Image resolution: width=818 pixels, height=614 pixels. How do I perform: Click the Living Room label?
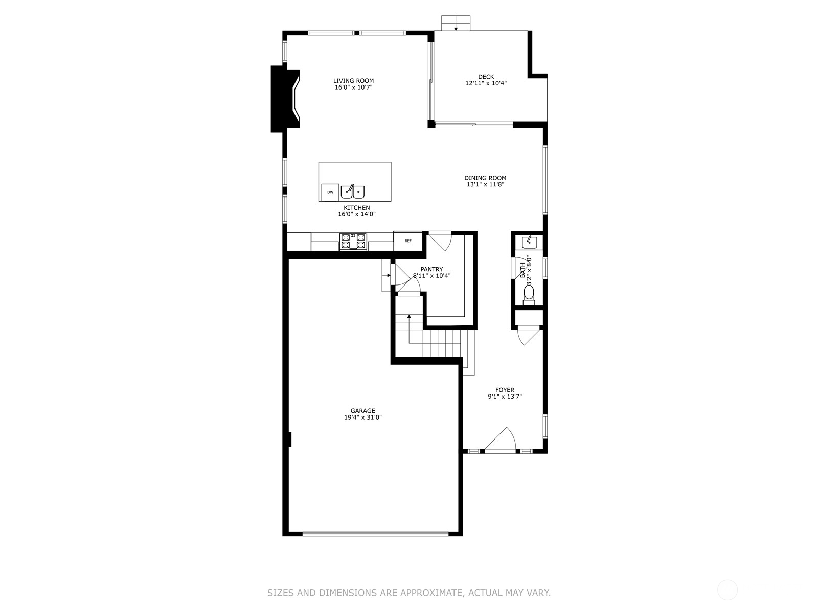tap(353, 81)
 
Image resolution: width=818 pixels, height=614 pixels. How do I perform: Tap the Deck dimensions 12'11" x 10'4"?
tap(486, 83)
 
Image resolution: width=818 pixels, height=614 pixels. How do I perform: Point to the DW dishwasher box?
tap(330, 192)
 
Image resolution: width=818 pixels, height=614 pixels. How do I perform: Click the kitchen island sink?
tap(353, 191)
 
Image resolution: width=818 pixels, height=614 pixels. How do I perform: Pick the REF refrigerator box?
tap(408, 241)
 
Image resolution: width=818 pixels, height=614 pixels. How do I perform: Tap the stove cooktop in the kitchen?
tap(353, 241)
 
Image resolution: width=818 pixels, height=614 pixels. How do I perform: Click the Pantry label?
tap(431, 269)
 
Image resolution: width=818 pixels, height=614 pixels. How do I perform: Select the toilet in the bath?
tap(529, 294)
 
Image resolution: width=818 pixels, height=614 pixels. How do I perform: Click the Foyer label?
tap(505, 390)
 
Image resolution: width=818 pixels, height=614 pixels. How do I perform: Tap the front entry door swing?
tap(501, 440)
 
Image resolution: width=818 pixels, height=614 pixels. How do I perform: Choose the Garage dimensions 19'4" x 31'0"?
tap(363, 418)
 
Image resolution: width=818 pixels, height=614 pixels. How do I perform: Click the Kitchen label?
tap(357, 208)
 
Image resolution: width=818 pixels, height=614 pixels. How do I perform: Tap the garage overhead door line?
tap(375, 534)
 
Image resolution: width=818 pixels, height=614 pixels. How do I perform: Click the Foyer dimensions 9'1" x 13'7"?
tap(505, 397)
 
